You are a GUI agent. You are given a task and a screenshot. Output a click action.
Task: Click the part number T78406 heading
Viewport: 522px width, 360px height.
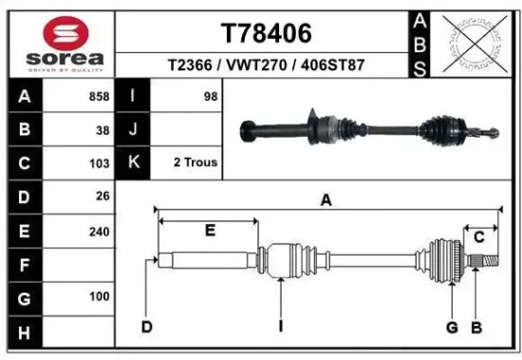point(266,34)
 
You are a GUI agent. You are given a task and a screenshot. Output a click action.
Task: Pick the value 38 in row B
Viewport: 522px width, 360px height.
point(103,130)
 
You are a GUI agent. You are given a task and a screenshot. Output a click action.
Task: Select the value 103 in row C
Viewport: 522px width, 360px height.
point(100,163)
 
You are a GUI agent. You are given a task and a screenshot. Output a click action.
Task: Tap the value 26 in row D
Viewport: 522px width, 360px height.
point(103,197)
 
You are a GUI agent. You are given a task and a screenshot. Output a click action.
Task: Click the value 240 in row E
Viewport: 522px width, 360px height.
point(100,231)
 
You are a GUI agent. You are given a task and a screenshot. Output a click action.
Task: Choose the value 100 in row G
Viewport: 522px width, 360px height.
point(100,297)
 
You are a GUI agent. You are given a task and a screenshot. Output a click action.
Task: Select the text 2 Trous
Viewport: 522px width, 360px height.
point(196,162)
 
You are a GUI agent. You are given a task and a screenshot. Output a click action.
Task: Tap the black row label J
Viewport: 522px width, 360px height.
point(134,130)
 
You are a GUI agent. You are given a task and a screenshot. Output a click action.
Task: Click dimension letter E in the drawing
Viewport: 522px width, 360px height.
point(210,230)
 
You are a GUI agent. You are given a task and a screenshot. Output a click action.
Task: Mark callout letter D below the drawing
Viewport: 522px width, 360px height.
point(147,328)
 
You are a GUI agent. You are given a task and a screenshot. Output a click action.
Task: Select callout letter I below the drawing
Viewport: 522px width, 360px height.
point(281,328)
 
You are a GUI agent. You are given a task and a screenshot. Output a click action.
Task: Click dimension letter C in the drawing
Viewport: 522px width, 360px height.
point(480,237)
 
